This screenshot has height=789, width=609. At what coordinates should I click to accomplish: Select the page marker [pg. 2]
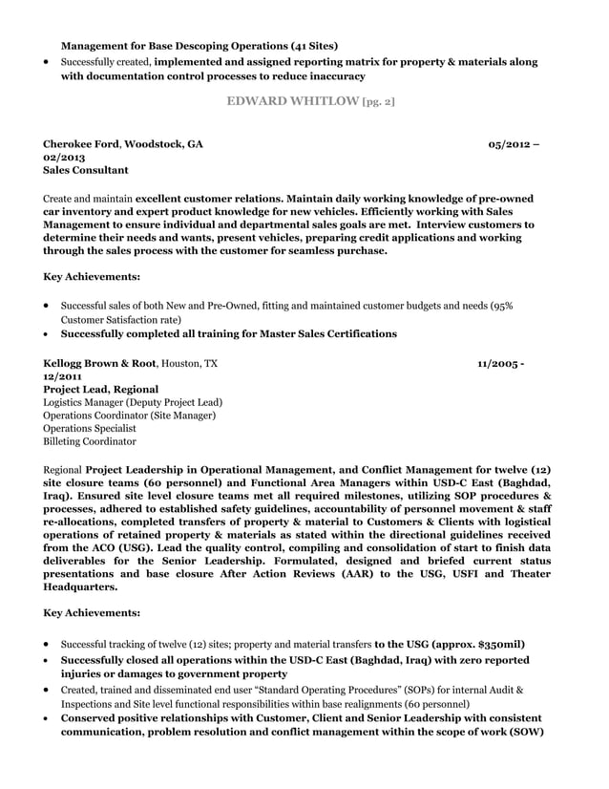[x=372, y=101]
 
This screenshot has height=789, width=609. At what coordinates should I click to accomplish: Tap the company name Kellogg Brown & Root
[x=100, y=364]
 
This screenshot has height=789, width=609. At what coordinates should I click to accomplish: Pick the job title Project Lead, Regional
[x=101, y=390]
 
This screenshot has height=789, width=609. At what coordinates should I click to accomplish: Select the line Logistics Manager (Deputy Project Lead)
[x=133, y=402]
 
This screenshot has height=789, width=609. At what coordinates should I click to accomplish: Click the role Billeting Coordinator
[x=90, y=441]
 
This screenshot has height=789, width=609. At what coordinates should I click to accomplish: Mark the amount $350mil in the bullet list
[x=493, y=644]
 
